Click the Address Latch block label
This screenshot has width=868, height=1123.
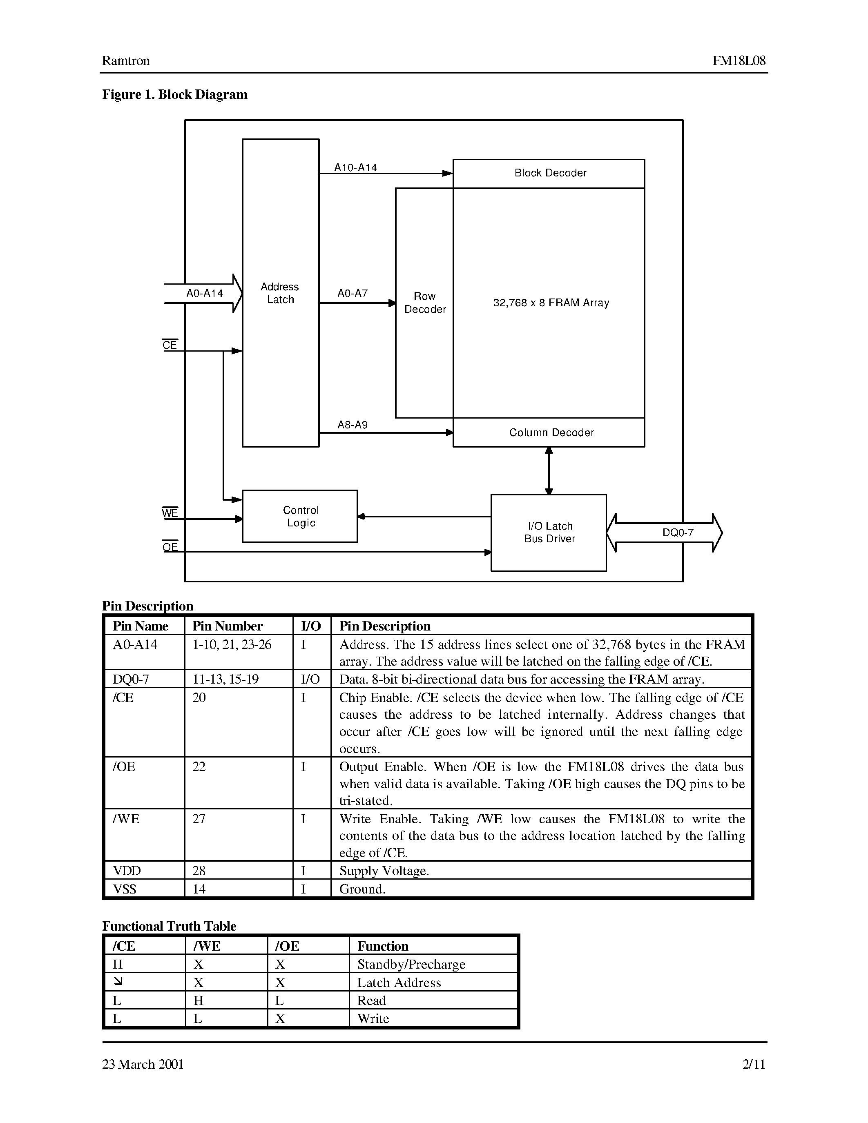coord(280,293)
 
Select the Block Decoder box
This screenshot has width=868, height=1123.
coord(549,173)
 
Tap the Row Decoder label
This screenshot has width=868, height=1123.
coord(425,302)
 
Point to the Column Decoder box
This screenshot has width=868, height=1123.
coord(549,432)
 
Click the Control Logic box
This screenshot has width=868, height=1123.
coord(300,516)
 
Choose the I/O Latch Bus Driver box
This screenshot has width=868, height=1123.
coord(549,532)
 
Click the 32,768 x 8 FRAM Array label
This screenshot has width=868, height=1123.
coord(551,303)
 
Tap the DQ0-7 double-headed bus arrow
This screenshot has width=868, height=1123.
coord(664,533)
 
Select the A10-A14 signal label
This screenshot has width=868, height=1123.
coord(355,167)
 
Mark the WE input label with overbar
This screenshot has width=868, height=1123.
coord(170,512)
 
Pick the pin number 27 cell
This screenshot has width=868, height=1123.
coord(199,819)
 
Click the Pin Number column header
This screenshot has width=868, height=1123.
coord(227,626)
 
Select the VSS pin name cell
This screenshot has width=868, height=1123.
coord(125,889)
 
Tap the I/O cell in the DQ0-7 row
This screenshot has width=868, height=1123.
coord(310,679)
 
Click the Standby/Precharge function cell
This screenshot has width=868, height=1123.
coord(411,964)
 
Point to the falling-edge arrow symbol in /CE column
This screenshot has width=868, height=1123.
coord(118,982)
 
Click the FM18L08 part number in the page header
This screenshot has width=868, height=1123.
coord(739,61)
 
